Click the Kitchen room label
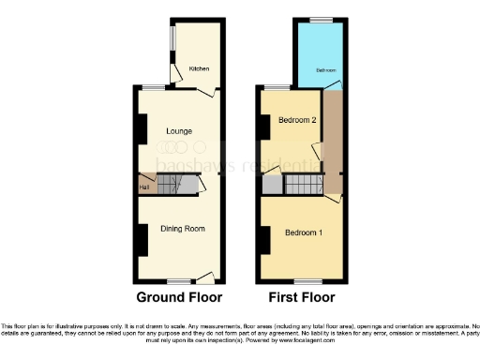coord(199,68)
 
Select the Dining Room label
coord(183,228)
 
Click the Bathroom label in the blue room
coord(324,70)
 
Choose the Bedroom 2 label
coord(297,120)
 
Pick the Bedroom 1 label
coord(301,232)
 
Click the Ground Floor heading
coord(179,298)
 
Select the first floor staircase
coord(301,187)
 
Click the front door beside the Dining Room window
coord(204,278)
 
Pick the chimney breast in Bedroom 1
coord(265,241)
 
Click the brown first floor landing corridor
coord(332,141)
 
